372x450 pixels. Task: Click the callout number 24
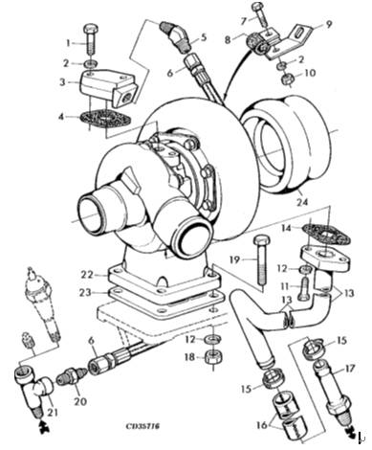click(x=302, y=202)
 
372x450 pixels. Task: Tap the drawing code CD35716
click(x=142, y=426)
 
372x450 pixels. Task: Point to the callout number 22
click(x=87, y=275)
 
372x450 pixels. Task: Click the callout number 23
click(x=86, y=292)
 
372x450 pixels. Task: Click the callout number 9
click(x=329, y=24)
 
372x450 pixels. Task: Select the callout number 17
click(x=350, y=369)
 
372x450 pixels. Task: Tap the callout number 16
click(x=263, y=425)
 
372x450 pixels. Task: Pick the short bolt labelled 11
click(x=304, y=288)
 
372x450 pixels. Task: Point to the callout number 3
click(x=63, y=82)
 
